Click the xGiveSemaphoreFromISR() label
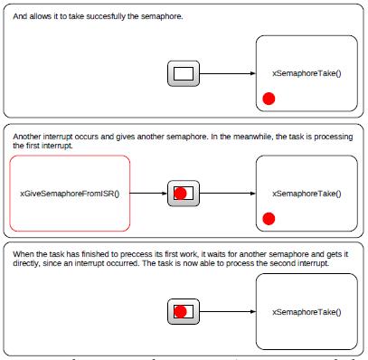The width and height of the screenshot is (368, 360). [70, 194]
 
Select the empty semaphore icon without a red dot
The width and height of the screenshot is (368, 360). [184, 73]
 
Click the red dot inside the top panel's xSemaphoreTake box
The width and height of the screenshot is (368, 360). [269, 98]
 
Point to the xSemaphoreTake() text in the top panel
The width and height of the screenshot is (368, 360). [307, 73]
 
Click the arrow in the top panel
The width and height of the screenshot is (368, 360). [227, 73]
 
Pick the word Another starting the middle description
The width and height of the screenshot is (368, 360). [30, 136]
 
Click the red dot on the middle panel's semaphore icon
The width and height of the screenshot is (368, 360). [180, 193]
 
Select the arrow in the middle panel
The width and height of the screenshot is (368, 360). [227, 193]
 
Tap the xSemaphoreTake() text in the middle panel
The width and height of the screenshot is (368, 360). [307, 193]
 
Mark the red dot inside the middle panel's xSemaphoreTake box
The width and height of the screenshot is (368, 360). [269, 218]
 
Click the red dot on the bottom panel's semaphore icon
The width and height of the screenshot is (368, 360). [180, 312]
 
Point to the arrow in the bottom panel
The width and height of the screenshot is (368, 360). [227, 312]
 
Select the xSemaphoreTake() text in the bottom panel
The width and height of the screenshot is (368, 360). [307, 312]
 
